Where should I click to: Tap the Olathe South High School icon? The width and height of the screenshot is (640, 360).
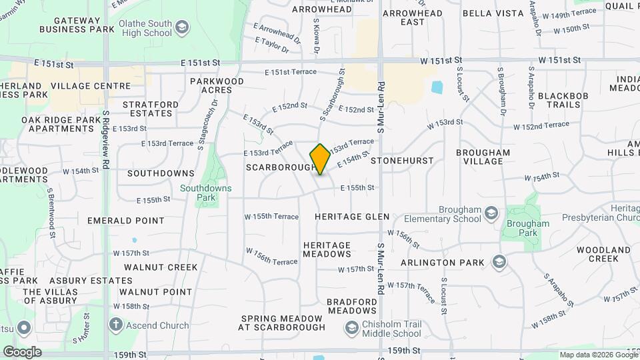point(182,28)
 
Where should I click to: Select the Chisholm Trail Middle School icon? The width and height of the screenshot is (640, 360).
point(351,327)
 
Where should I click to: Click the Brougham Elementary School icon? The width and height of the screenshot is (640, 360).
point(491,213)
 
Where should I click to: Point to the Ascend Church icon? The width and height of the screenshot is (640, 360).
point(115,325)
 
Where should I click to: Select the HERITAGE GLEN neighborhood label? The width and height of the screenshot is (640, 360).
point(352,217)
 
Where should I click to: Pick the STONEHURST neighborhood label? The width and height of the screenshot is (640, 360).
point(402,161)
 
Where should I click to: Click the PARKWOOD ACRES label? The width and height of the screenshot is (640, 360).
point(217,85)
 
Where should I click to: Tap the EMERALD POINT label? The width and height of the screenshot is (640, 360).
point(130,221)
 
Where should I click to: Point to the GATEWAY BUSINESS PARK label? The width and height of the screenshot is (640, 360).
point(69,25)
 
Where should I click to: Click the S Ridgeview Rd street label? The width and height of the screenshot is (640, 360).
point(106,140)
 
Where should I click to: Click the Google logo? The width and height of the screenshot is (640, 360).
point(22,351)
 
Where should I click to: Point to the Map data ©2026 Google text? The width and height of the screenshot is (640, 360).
point(598,355)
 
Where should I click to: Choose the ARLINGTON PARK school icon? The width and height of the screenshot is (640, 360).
point(498,261)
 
